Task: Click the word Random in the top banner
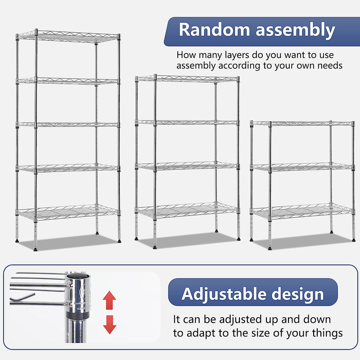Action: (x=214, y=30)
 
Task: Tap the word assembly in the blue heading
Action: (x=295, y=31)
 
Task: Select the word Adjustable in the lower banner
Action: (x=224, y=294)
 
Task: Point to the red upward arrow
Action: (x=109, y=300)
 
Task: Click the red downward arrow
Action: (x=110, y=324)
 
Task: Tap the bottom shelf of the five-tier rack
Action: (x=68, y=212)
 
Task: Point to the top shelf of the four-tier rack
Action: (x=187, y=78)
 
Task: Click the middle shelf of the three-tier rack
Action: (x=302, y=167)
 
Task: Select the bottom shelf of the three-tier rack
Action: (x=302, y=211)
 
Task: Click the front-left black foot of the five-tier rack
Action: (x=36, y=249)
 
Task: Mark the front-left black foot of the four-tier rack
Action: (x=155, y=247)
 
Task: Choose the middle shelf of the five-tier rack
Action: (x=68, y=125)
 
